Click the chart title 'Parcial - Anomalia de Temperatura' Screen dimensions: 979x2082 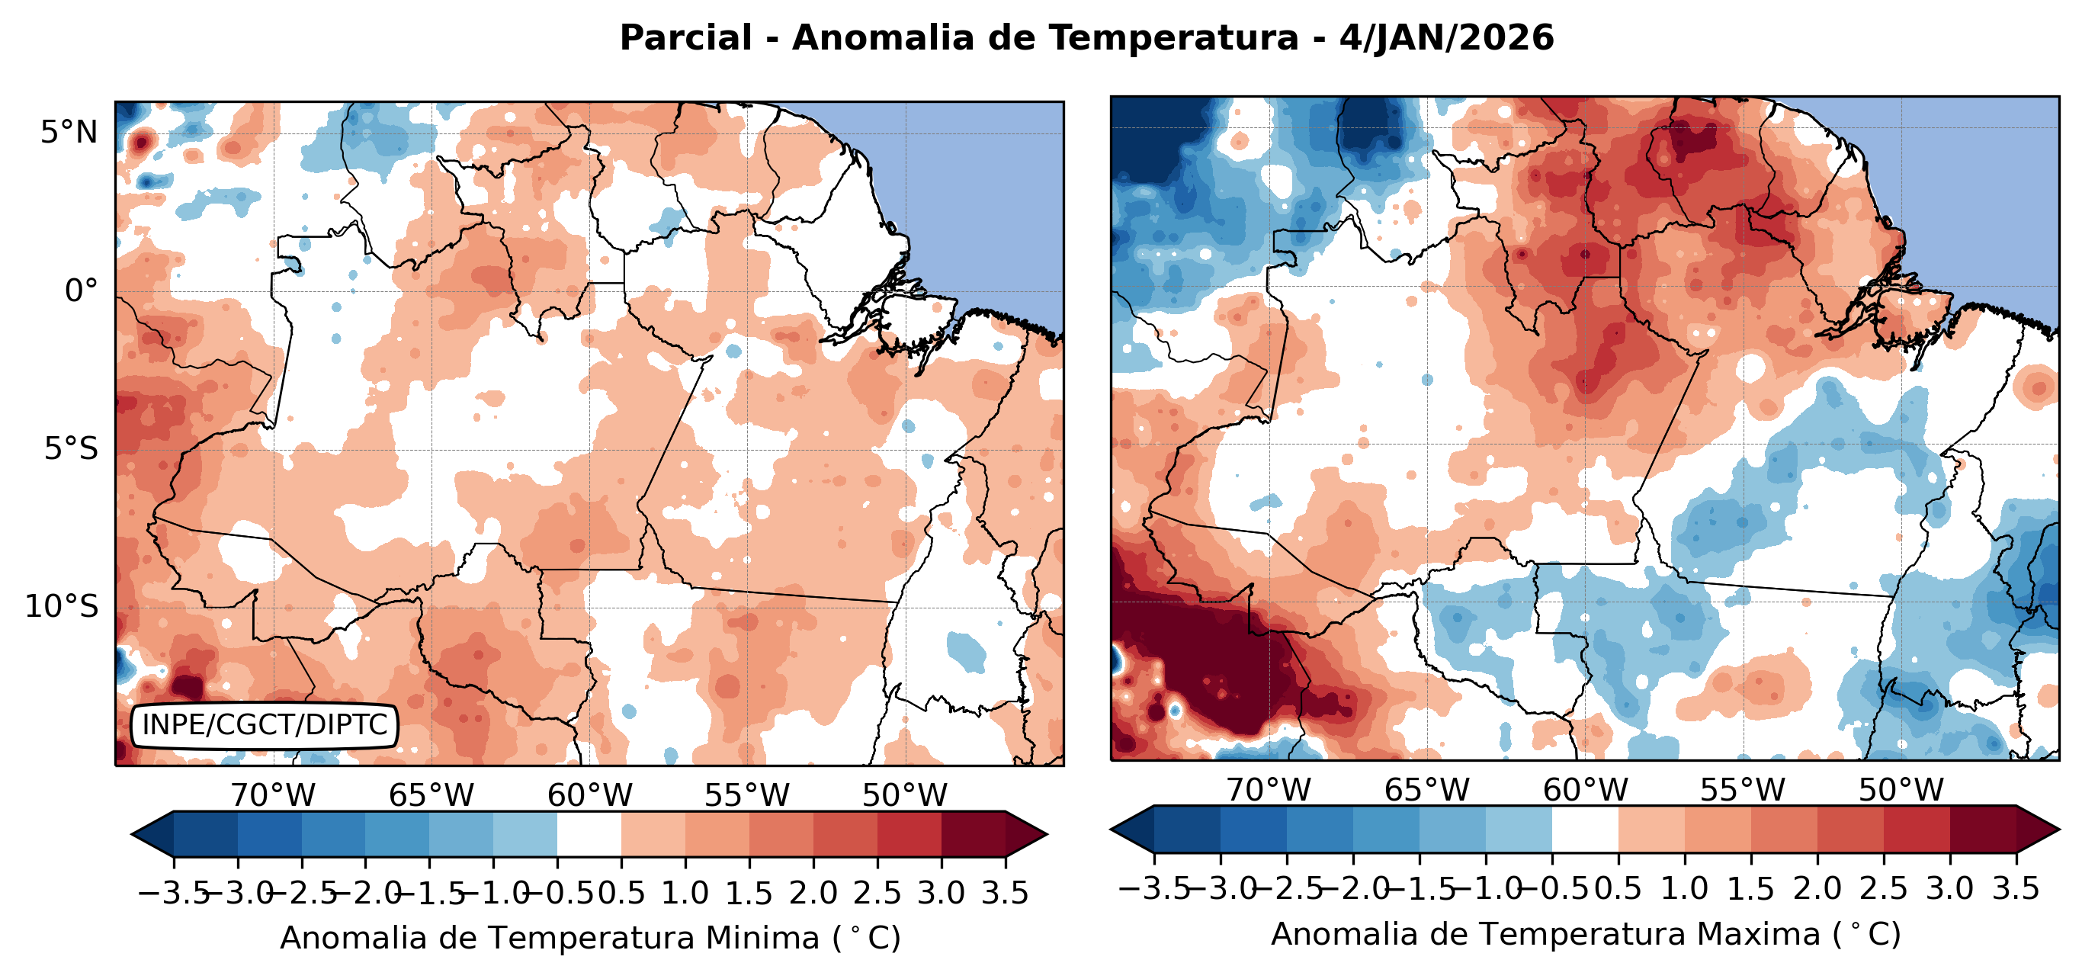(x=958, y=38)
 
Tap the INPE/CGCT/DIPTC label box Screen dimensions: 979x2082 (x=265, y=725)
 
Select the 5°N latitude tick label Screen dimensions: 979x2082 (x=69, y=132)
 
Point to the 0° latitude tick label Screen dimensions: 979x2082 (x=81, y=291)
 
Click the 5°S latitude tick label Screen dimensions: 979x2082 (x=71, y=448)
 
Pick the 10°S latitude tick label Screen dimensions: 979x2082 (x=62, y=606)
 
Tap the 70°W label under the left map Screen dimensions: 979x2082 (x=273, y=795)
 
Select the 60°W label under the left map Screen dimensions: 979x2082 (x=589, y=795)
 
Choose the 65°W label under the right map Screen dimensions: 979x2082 (x=1426, y=790)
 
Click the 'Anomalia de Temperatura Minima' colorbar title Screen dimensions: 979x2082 (x=590, y=938)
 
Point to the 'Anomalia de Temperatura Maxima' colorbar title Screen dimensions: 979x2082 (x=1586, y=934)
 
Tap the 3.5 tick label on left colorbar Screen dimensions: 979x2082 (x=1005, y=894)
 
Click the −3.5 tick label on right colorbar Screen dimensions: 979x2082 (x=1153, y=888)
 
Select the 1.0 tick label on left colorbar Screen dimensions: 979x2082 (x=685, y=894)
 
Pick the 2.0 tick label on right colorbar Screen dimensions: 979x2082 (x=1817, y=888)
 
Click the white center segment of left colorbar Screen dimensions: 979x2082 (x=589, y=833)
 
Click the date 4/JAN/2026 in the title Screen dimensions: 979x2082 (x=1447, y=38)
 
